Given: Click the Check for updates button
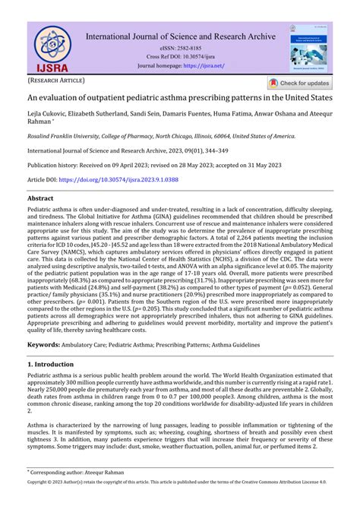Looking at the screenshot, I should pos(299,84).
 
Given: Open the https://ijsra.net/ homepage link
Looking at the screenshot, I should pos(206,65).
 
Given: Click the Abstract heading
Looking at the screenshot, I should pos(45,198).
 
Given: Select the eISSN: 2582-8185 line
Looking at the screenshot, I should pos(180,46).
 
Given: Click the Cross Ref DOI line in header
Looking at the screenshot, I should pos(180,56).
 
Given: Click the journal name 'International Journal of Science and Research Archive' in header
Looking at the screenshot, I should pos(180,35).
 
